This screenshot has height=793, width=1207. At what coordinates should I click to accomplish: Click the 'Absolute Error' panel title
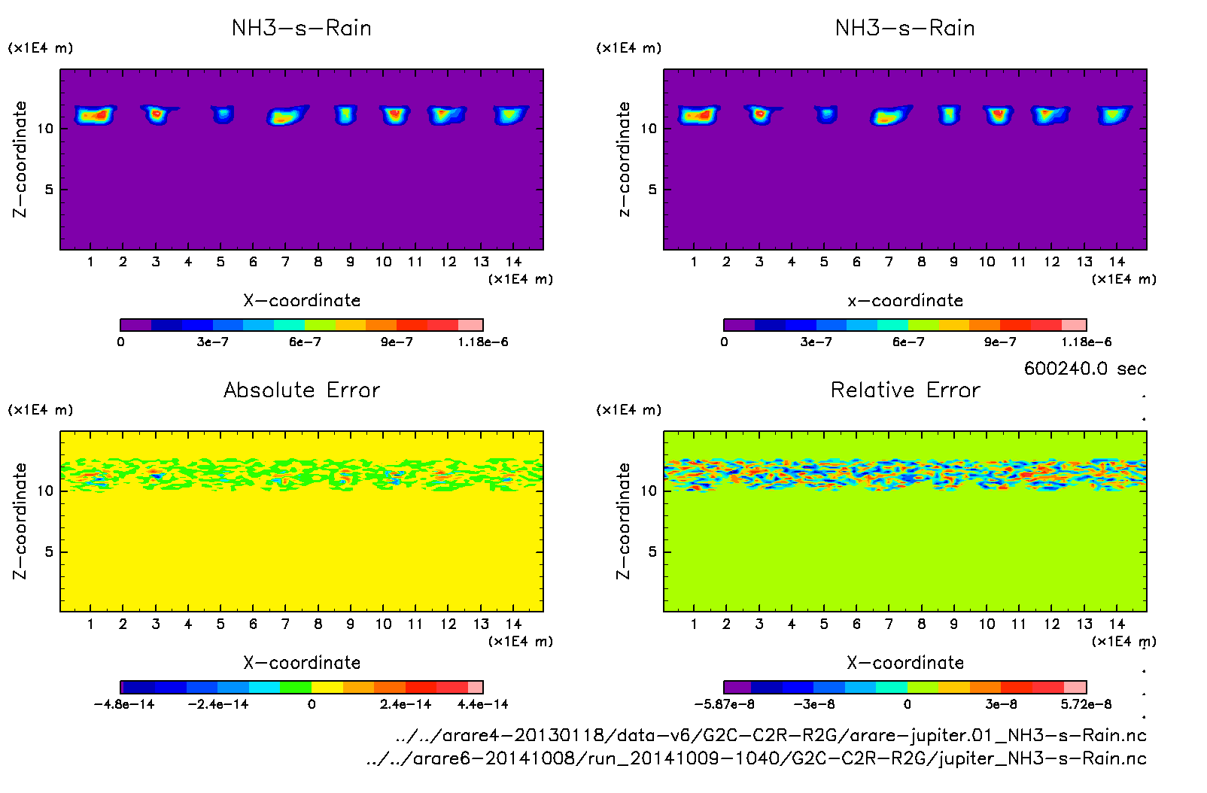302,390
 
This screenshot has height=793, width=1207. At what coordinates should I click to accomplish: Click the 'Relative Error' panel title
905,390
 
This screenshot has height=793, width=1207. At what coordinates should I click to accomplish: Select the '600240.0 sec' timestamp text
1084,369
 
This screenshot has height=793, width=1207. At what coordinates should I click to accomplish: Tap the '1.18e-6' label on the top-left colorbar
482,342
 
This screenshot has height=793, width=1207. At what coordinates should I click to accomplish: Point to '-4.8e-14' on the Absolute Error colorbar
124,705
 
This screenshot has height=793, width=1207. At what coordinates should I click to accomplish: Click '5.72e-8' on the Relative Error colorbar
1086,705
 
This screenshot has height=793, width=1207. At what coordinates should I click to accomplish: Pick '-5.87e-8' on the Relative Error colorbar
724,705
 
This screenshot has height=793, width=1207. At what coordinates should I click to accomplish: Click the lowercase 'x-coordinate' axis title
905,301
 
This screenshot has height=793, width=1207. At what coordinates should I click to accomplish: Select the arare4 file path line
771,736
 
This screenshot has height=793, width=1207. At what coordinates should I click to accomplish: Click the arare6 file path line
756,758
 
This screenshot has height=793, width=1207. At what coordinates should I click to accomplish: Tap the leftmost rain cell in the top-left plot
94,115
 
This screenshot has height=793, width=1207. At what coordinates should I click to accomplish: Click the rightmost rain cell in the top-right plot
1114,115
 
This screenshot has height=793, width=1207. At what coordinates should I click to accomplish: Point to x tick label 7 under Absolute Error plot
285,624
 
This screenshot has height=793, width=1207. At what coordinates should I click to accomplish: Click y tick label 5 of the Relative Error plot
652,552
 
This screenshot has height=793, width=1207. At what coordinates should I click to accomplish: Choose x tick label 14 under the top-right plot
1117,262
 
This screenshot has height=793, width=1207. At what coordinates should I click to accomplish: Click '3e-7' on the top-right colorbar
816,342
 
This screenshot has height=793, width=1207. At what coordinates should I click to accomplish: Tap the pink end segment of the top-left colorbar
470,325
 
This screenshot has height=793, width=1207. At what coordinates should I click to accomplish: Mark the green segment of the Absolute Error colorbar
295,687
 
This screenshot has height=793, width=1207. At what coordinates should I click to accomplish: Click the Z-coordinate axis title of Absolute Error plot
20,521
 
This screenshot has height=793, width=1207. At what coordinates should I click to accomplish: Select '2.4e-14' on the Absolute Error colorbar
406,705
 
